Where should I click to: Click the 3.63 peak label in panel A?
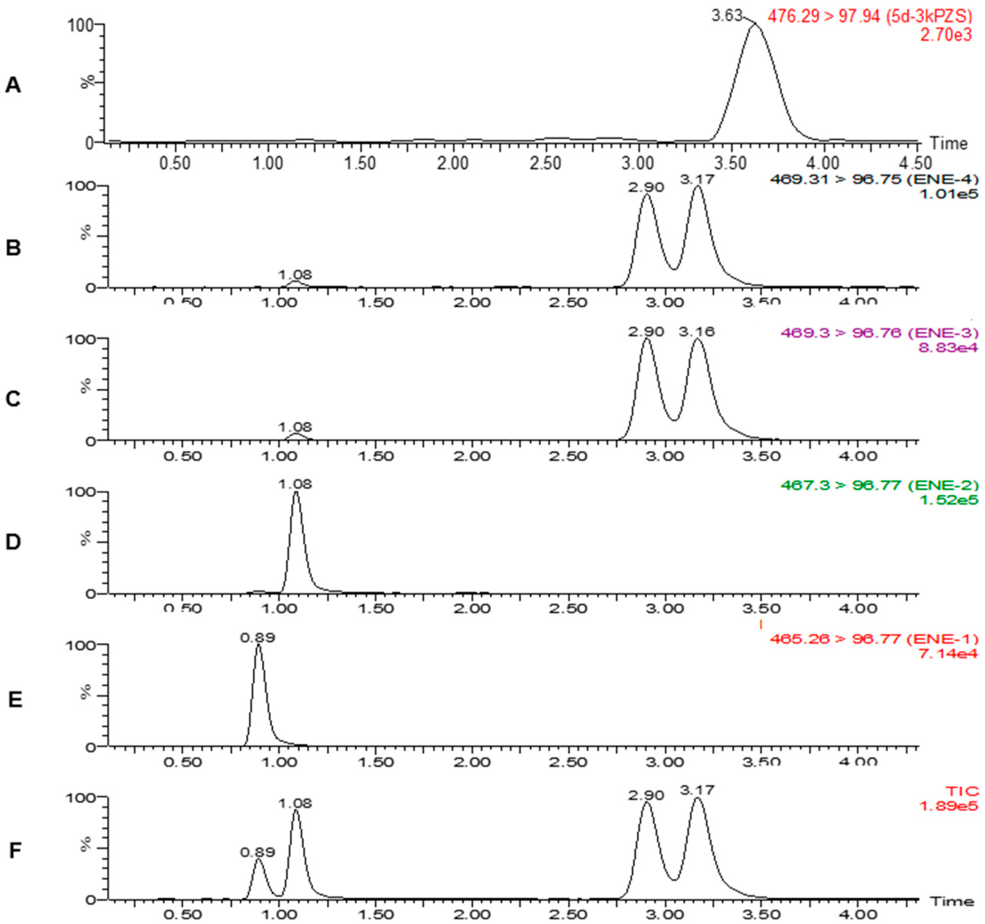pyautogui.click(x=727, y=16)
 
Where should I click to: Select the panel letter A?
pyautogui.click(x=14, y=85)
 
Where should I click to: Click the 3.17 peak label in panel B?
pyautogui.click(x=697, y=179)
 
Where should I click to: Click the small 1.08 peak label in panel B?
pyautogui.click(x=295, y=274)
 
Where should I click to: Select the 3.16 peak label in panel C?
pyautogui.click(x=697, y=331)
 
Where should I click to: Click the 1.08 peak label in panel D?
pyautogui.click(x=295, y=483)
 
